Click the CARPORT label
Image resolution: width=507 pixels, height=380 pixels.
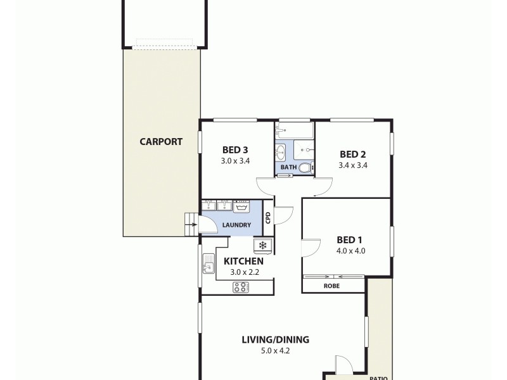(161, 142)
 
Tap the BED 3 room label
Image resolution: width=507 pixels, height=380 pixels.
(234, 150)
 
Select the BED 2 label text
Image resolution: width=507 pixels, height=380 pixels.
(353, 154)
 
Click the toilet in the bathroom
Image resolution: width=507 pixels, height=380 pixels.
(305, 168)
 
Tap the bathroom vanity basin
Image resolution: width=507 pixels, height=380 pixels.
(281, 152)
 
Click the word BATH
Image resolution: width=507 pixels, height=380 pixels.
(288, 168)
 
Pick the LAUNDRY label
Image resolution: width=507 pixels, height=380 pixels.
(236, 225)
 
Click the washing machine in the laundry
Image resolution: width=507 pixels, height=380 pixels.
(241, 206)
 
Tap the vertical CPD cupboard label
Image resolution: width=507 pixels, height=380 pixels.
(269, 217)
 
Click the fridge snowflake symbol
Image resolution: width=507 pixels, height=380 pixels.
(262, 245)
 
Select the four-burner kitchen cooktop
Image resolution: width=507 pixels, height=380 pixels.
(241, 287)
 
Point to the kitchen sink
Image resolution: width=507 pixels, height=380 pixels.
(207, 266)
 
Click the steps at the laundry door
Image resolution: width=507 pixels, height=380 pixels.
(191, 221)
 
